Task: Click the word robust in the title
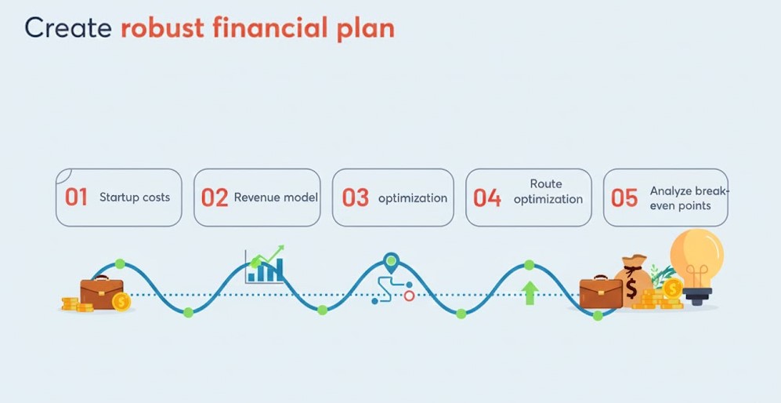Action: point(162,27)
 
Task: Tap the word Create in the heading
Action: point(67,27)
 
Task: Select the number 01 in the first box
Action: point(76,197)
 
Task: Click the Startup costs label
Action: point(135,197)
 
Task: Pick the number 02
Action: point(215,198)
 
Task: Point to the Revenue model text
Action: point(276,198)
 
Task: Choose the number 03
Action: point(356,198)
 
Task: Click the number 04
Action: point(487,198)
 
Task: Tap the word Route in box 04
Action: point(546,184)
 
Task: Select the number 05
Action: point(624,198)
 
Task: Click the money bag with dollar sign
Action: point(633,281)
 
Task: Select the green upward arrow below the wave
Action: point(530,292)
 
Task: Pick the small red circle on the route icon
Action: point(409,296)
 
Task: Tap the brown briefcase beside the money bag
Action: point(601,292)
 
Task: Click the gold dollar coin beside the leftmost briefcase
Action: point(121,302)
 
